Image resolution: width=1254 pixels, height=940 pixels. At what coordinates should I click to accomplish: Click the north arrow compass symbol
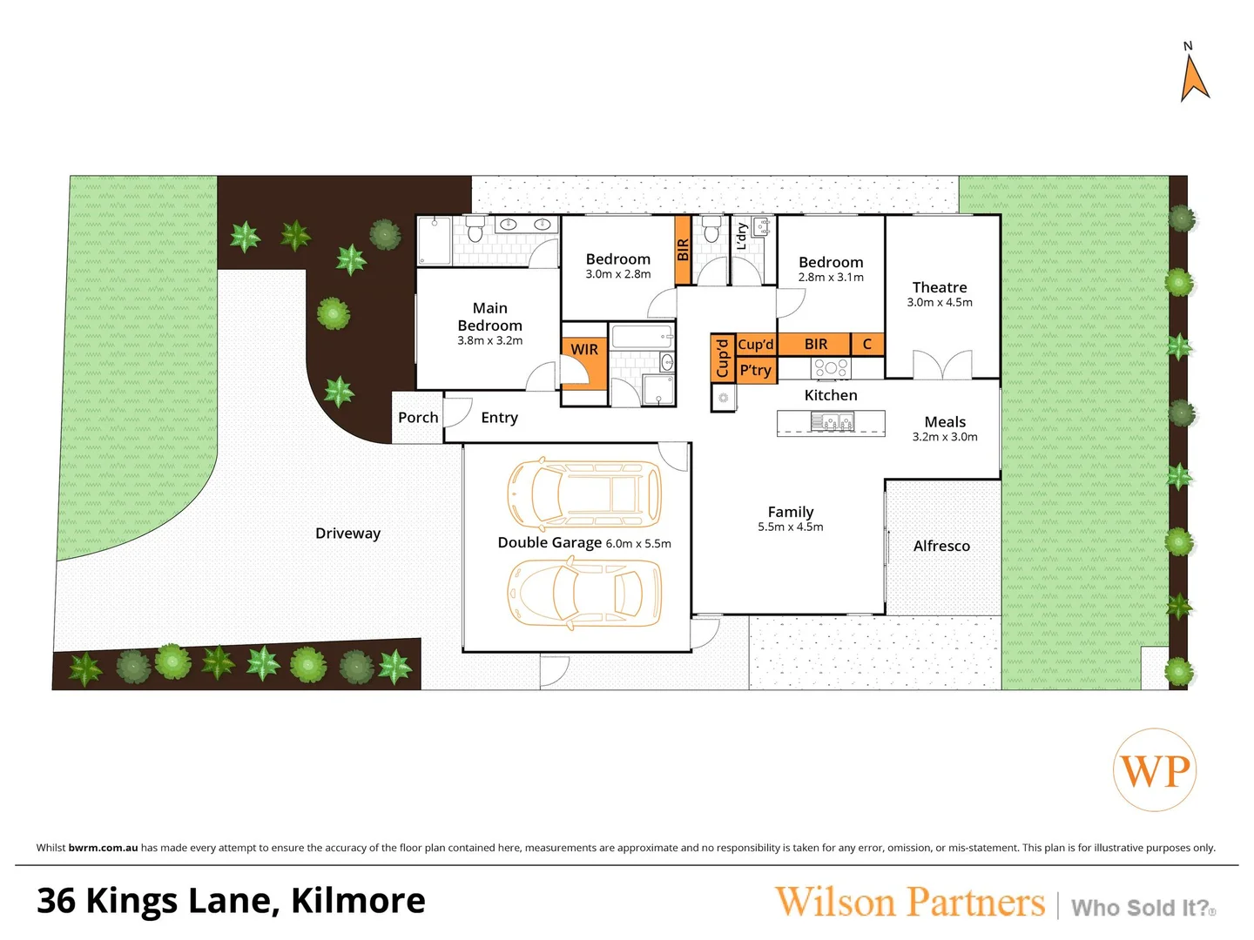(x=1194, y=77)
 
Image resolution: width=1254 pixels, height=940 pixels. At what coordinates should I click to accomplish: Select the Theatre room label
(x=939, y=287)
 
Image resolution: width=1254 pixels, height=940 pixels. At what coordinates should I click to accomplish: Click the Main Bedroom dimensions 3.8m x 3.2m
(x=489, y=341)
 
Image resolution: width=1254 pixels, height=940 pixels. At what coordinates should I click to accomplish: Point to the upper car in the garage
(x=584, y=493)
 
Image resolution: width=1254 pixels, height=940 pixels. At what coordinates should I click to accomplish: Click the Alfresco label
(x=940, y=546)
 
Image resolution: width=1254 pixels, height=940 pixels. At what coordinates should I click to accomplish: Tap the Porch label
(x=418, y=418)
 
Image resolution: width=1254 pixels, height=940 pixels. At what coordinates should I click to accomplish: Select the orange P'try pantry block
(x=755, y=370)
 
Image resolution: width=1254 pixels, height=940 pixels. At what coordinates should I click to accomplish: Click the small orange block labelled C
(x=866, y=345)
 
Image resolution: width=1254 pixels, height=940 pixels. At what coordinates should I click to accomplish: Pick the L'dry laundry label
(x=742, y=237)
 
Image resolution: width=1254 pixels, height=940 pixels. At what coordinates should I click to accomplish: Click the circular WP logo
(x=1154, y=770)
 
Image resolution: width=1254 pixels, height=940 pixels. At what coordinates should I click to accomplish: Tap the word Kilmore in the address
(x=358, y=901)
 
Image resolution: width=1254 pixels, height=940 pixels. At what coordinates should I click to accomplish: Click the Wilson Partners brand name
(x=909, y=903)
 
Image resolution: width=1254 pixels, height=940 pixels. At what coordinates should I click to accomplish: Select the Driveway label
(x=347, y=534)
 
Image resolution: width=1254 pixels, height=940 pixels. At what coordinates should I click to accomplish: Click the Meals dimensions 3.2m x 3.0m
(x=944, y=437)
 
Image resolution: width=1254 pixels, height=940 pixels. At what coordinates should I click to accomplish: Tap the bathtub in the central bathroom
(x=642, y=336)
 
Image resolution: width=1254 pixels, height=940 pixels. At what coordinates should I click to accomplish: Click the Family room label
(x=790, y=513)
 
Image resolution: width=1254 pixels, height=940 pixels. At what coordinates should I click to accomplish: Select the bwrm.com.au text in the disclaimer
(x=103, y=848)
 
